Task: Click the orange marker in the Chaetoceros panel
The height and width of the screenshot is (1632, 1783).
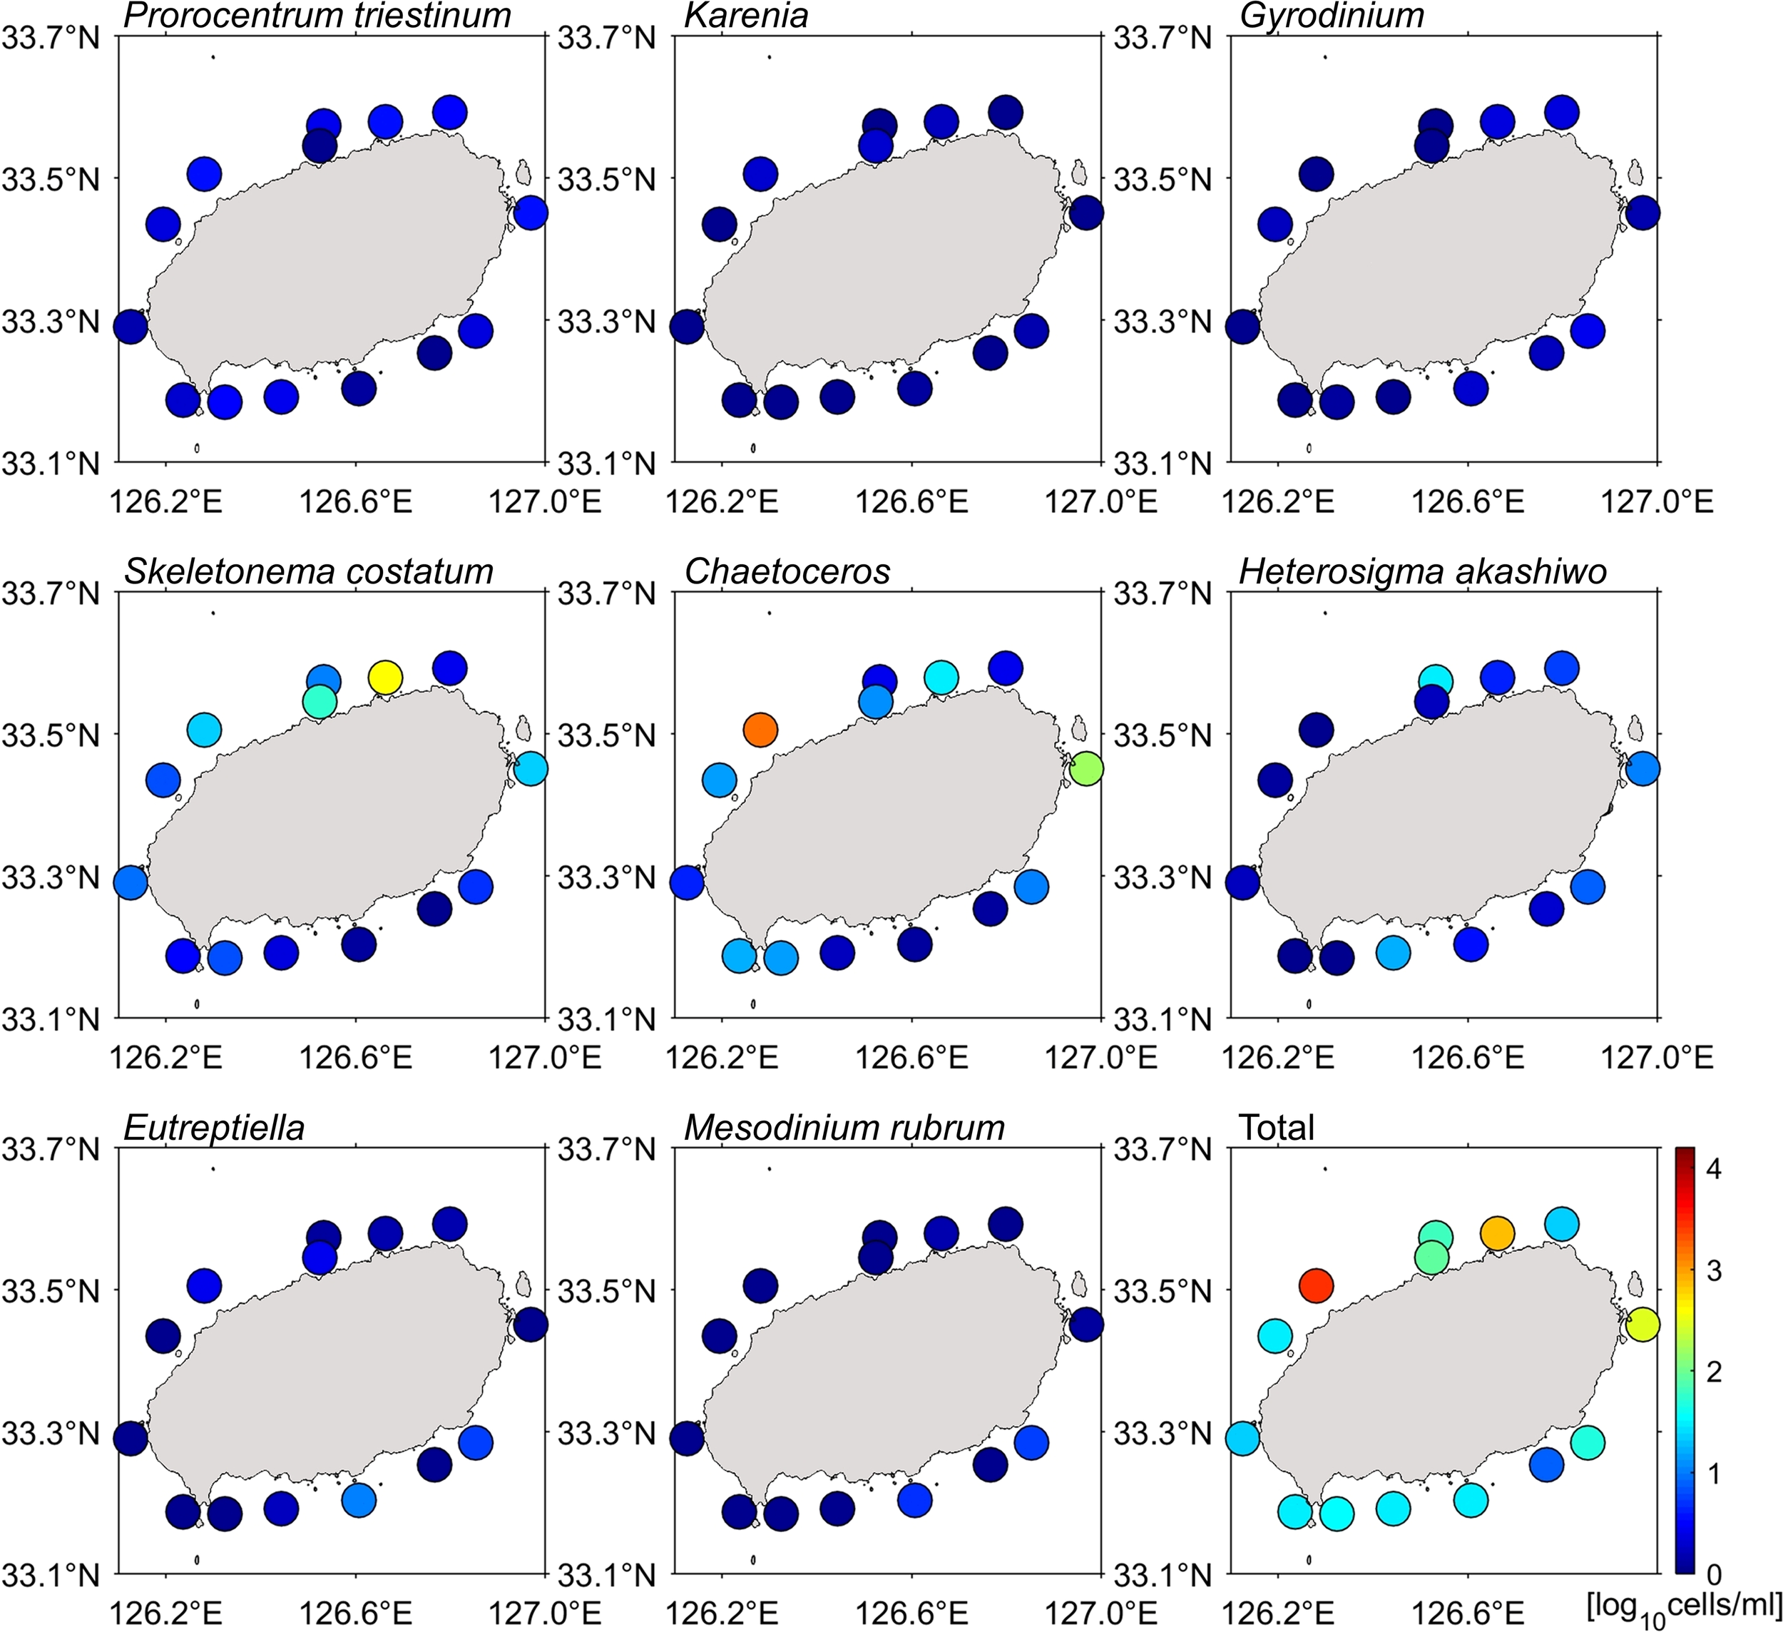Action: coord(760,730)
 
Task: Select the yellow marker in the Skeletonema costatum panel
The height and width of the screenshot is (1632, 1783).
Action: coord(384,678)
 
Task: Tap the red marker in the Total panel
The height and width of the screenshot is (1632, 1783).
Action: coord(1315,1285)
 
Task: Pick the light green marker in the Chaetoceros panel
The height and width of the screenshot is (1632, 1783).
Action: coord(1086,769)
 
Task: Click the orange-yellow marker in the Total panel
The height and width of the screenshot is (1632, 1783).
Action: coord(1497,1233)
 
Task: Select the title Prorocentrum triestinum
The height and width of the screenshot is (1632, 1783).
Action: coord(317,15)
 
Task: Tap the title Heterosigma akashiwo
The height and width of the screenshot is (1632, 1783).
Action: coord(1422,571)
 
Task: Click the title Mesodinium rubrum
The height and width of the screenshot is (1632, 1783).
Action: coord(844,1128)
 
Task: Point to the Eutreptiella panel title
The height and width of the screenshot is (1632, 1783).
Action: coord(214,1128)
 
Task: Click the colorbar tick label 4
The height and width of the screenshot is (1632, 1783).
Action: coord(1713,1169)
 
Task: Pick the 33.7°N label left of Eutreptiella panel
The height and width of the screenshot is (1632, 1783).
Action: coord(51,1150)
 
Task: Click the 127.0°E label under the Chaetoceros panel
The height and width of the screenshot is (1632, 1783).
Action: coord(1101,1058)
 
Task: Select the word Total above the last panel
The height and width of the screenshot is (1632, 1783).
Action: coord(1276,1128)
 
